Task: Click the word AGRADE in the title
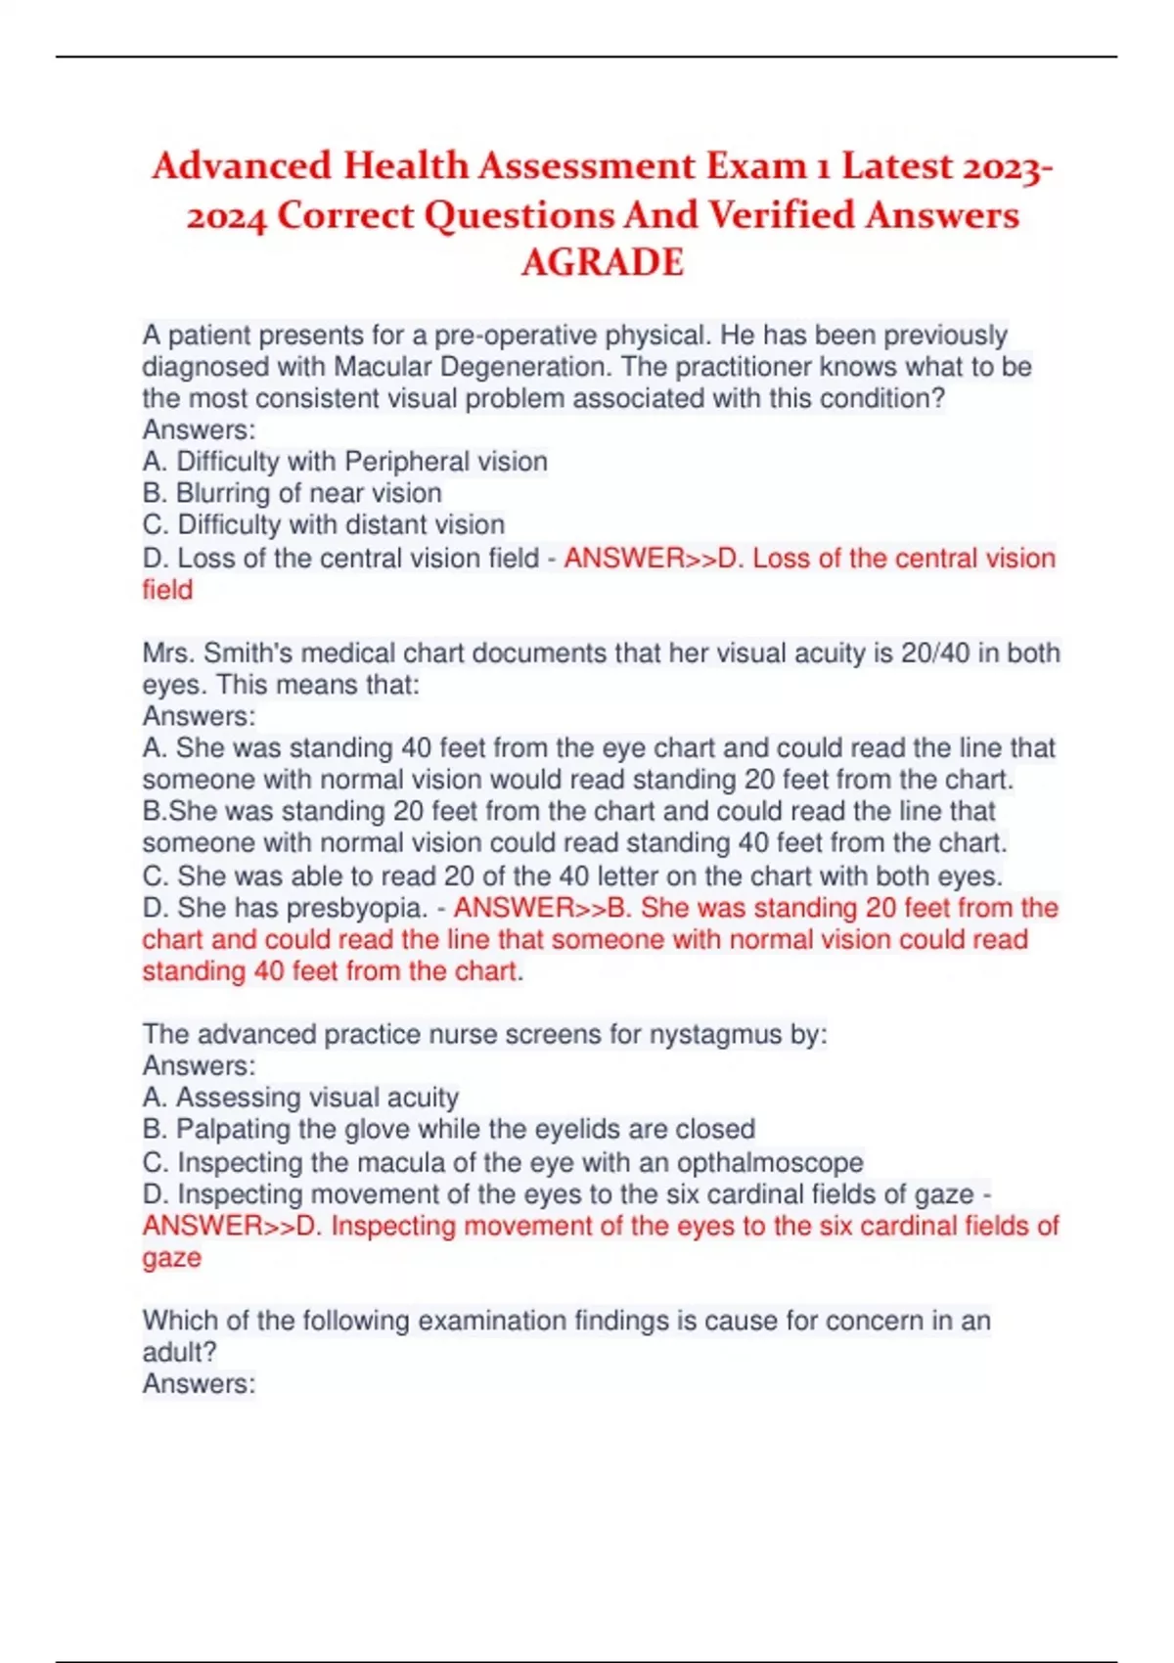(x=602, y=262)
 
